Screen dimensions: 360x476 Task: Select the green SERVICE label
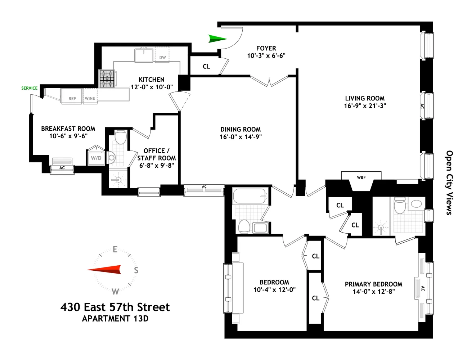[29, 88]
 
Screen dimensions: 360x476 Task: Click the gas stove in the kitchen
[107, 79]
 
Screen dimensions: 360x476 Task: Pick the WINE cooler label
[90, 98]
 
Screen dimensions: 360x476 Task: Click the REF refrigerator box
[72, 98]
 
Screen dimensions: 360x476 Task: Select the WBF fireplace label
[361, 177]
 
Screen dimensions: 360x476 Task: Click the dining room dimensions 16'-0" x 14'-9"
[241, 137]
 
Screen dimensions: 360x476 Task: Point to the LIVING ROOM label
[365, 98]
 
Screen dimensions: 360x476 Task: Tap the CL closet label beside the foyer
[206, 67]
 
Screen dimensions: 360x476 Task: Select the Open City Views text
[449, 183]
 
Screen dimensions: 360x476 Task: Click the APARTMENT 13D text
[115, 319]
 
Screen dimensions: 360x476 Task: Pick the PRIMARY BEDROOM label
[373, 284]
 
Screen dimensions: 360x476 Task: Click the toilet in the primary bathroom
[400, 206]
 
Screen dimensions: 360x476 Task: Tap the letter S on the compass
[136, 270]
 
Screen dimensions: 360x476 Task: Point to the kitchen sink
[144, 55]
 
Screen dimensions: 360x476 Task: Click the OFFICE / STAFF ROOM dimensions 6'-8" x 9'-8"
[157, 166]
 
